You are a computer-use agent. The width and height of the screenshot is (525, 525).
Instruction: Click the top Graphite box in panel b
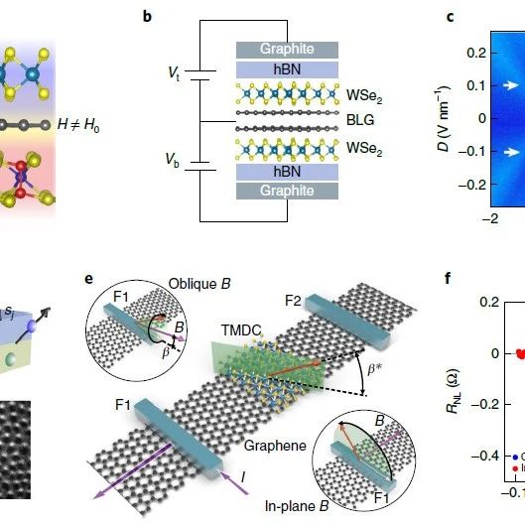287,50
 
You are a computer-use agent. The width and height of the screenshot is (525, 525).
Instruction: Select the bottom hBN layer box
287,172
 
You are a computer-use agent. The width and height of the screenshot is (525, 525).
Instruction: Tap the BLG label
360,120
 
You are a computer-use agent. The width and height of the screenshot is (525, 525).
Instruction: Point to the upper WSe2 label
364,96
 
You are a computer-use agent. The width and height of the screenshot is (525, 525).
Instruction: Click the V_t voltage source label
174,73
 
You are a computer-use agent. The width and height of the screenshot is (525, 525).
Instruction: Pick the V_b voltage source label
172,160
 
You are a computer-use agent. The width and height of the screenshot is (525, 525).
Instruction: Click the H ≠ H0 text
78,125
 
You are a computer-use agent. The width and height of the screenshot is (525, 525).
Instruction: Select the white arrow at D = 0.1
510,85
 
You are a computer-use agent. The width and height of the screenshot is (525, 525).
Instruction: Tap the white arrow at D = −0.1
510,152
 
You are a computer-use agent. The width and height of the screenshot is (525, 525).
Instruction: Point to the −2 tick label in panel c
490,219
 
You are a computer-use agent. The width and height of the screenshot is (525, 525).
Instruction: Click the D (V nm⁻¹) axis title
444,118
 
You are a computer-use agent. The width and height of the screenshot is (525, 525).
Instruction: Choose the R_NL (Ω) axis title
454,391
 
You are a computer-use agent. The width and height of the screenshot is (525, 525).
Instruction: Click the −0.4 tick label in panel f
485,456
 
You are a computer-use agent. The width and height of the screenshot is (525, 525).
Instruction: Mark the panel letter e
88,279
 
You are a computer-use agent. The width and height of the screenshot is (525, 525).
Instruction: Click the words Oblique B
199,284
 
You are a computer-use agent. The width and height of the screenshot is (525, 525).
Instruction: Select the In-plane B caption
297,506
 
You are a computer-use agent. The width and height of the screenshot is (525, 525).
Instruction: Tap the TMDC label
241,330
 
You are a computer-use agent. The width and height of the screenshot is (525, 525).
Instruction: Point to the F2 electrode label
293,301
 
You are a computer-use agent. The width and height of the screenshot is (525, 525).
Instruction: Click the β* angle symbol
375,369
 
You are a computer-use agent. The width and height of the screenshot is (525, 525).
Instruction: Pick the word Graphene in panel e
275,446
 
